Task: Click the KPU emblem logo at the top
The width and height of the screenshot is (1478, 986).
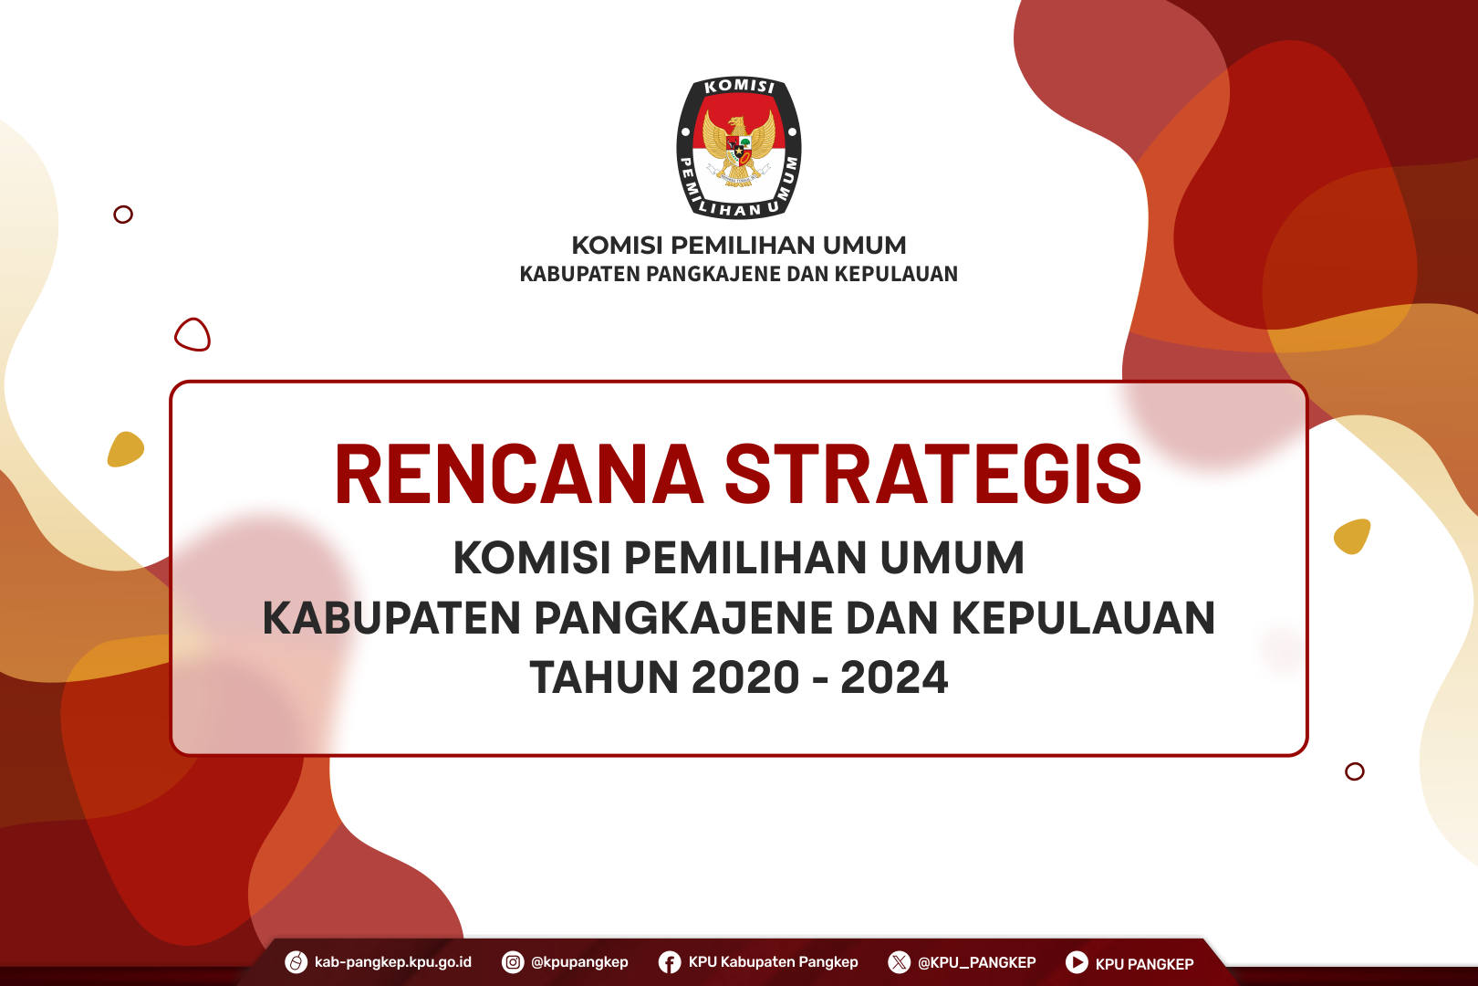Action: coord(739,148)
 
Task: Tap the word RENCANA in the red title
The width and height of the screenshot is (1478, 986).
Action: coord(519,474)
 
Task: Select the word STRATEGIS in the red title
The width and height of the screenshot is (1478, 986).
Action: coord(933,474)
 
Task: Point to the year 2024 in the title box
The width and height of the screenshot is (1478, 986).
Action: coord(894,677)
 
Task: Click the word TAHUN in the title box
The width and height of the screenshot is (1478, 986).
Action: coord(604,677)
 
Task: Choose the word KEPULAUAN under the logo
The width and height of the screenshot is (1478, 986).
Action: coord(896,274)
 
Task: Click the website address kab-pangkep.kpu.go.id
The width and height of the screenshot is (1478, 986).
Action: coord(393,962)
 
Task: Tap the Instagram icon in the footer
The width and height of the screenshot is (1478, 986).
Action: coord(513,962)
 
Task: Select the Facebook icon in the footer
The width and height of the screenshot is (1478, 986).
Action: coord(670,962)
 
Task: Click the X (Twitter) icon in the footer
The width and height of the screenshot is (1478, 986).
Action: coord(899,962)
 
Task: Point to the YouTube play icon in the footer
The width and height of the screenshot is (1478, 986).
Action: coord(1077,962)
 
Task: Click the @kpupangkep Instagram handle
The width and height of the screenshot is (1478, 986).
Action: coord(579,962)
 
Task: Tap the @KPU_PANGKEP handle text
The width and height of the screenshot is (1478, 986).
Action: coord(976,963)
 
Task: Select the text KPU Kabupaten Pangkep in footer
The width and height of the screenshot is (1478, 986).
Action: coord(774,962)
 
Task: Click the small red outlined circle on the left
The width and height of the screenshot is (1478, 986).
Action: coord(123,215)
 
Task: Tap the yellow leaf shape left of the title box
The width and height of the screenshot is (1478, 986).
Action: coord(125,449)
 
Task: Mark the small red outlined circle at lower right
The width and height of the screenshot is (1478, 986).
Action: coord(1355,771)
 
